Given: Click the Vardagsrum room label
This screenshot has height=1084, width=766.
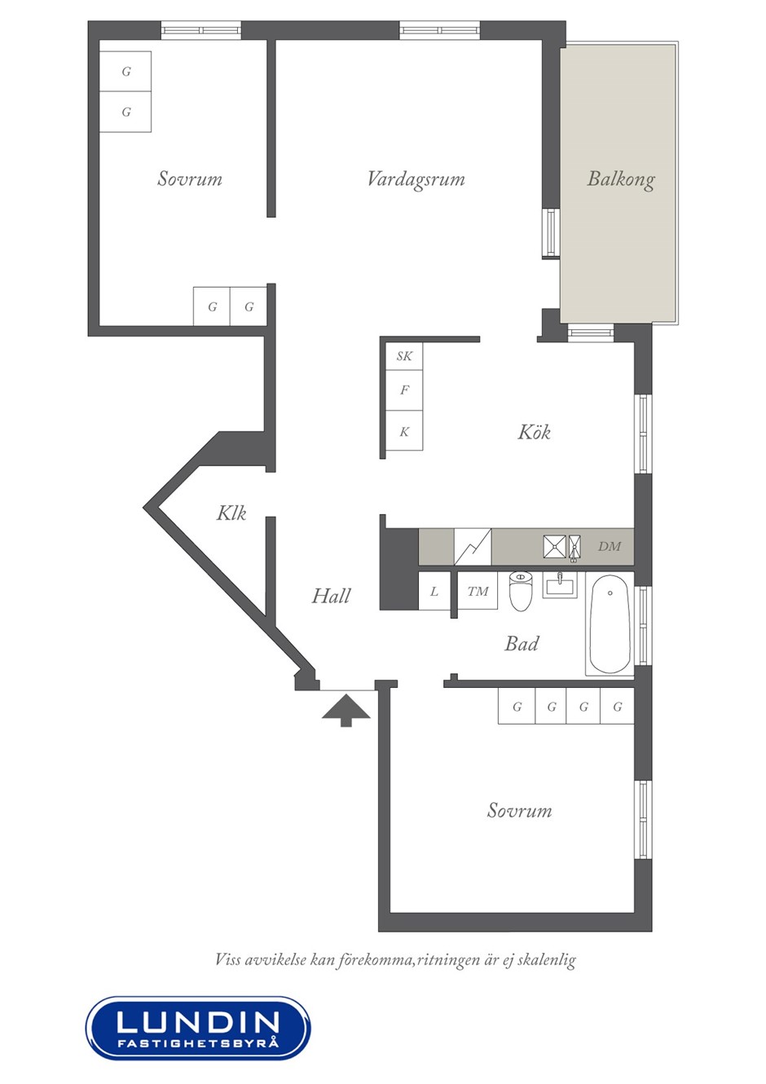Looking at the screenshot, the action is pos(416,179).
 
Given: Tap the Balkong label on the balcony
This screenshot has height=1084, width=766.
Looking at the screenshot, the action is pos(621,179).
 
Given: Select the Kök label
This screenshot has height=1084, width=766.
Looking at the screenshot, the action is pos(535,431).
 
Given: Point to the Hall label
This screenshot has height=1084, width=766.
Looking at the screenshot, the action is pos(331,596).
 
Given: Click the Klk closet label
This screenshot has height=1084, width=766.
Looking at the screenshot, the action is pos(231,513).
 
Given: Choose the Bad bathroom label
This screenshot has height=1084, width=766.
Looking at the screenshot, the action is pos(522,644).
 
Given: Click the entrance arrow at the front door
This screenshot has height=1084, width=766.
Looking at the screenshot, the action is pos(346,711).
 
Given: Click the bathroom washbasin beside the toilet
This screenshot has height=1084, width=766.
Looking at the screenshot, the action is pos(561,584).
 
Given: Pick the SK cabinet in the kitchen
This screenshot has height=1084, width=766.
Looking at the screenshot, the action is pos(404,356).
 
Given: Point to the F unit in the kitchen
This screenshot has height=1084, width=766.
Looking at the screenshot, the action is pos(404,390).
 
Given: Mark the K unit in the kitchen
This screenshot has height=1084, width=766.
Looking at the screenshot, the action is pos(404,431).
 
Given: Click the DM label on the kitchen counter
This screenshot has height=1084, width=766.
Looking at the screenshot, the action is pos(610,546).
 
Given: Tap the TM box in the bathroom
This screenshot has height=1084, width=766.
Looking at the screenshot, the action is pos(478,590).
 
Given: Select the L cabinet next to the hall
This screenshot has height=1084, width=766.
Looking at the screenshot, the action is pos(434,591).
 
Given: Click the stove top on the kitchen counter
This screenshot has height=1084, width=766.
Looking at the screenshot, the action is pos(473,546).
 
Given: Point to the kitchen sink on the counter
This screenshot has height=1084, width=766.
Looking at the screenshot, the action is pos(561,547).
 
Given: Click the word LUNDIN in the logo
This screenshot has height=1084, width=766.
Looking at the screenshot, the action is pos(198,1021).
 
